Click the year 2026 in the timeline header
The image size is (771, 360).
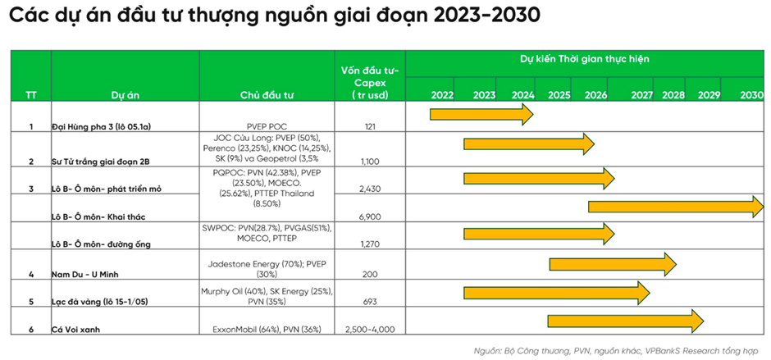[x=595, y=95]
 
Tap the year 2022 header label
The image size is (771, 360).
[x=442, y=95]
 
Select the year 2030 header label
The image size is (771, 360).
[x=751, y=95]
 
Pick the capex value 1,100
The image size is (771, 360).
[x=369, y=162]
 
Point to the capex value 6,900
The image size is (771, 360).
[x=370, y=216]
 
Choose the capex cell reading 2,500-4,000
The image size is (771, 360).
[x=370, y=329]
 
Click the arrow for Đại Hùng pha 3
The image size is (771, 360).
[x=481, y=114]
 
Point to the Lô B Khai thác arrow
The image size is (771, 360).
[x=675, y=207]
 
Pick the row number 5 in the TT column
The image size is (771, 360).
[x=31, y=302]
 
